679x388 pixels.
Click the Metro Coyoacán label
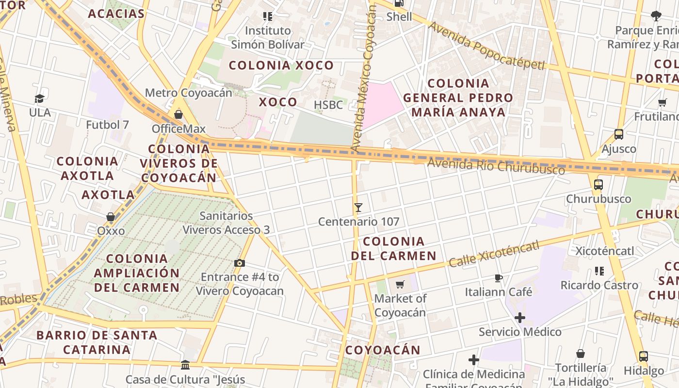click(x=188, y=93)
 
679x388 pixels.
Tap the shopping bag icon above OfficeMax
click(x=178, y=114)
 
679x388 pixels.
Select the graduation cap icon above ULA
click(x=40, y=99)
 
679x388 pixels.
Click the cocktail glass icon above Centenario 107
click(x=358, y=208)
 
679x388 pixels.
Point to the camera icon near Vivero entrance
click(x=239, y=263)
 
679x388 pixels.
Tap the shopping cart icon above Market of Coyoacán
click(x=400, y=284)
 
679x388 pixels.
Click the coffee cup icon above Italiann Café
click(x=499, y=278)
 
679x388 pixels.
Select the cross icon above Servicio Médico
click(x=520, y=318)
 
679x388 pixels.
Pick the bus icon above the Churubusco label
click(x=598, y=185)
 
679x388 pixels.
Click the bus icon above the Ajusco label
click(x=619, y=134)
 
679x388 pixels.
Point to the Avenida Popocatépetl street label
click(x=486, y=47)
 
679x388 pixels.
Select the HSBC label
click(x=328, y=105)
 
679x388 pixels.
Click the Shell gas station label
click(x=399, y=17)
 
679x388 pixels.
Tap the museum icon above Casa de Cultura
click(x=185, y=365)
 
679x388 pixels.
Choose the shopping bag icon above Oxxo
click(x=111, y=217)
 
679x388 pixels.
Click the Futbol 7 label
click(x=107, y=125)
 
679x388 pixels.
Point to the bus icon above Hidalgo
click(x=644, y=356)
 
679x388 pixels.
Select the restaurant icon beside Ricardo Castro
click(x=599, y=271)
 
